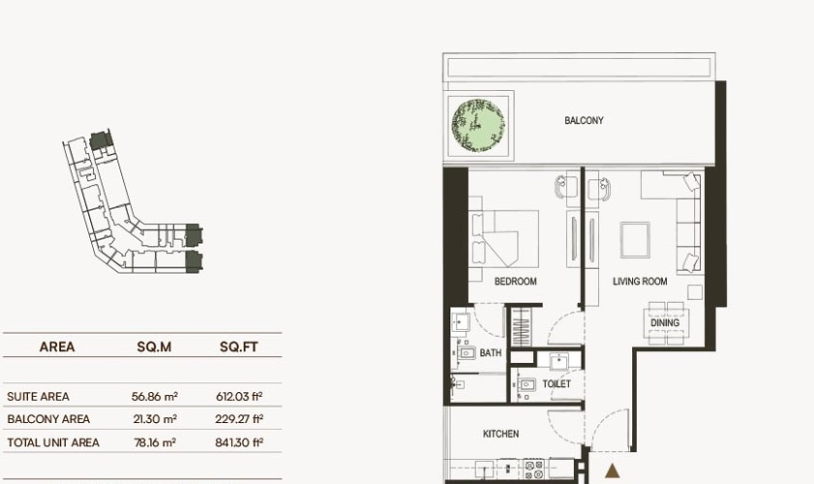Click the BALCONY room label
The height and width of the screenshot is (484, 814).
coord(584,120)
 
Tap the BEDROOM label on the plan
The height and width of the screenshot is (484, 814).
coord(516,282)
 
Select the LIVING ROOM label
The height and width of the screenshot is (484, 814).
coord(640,282)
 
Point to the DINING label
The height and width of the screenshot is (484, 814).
coord(665,322)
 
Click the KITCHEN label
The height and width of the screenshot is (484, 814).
coord(501,434)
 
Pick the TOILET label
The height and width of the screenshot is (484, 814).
coord(557,383)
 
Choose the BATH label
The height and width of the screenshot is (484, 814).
coord(491,353)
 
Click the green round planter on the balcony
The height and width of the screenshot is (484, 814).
coord(478,126)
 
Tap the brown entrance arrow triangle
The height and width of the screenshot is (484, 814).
coord(613,471)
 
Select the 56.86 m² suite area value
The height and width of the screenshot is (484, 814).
coord(155,397)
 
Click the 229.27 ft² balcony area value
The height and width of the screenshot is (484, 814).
coord(239,419)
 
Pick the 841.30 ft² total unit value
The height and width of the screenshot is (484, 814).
coord(239,442)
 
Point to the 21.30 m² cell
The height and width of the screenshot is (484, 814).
coord(155,419)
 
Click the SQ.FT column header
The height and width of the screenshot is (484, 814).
coord(239,347)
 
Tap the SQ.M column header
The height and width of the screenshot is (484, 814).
coord(154,347)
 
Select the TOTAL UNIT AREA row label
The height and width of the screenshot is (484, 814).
coord(53,442)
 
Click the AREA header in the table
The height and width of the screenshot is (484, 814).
coord(57,347)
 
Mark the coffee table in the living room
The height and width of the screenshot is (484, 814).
coord(635,239)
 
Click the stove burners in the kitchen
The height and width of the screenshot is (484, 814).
coord(533,469)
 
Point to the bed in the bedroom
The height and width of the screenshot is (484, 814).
coord(504,239)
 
